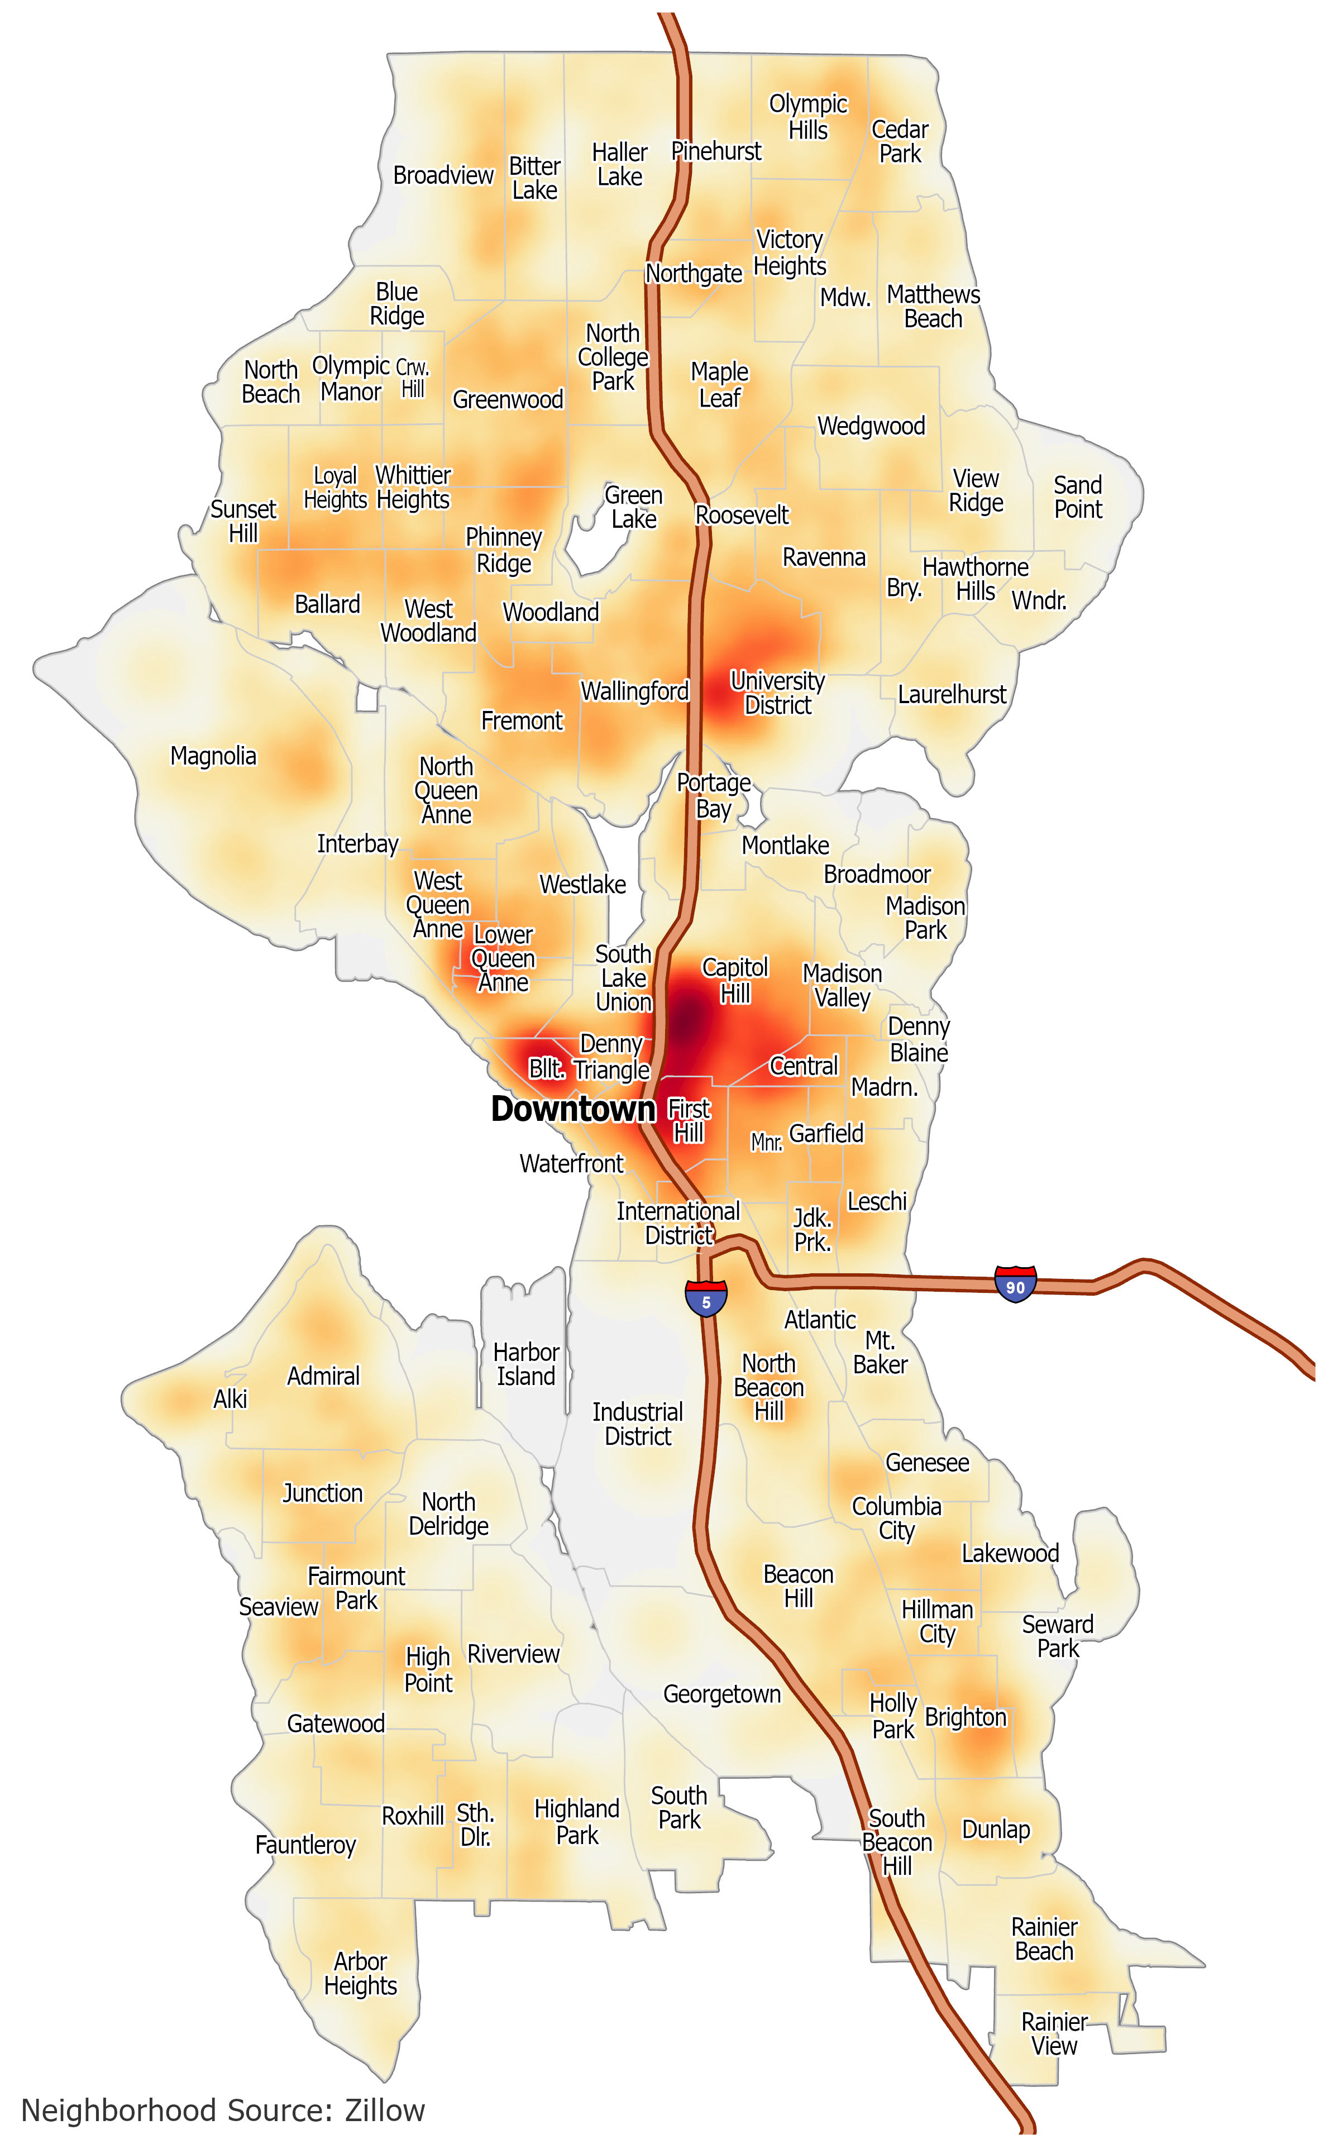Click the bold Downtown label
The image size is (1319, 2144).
(573, 1109)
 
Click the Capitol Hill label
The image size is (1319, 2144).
(735, 981)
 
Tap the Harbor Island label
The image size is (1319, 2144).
(526, 1364)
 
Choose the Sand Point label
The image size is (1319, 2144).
(1078, 497)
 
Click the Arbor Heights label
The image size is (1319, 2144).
(360, 1974)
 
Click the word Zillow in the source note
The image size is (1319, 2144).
(385, 2110)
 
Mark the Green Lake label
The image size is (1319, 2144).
(634, 507)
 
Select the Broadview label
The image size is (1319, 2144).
(443, 175)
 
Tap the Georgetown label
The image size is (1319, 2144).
(722, 1694)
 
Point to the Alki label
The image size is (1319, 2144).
(230, 1399)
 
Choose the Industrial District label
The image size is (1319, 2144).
(638, 1424)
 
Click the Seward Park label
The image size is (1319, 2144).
(1057, 1636)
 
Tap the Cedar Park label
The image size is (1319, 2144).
(900, 141)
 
